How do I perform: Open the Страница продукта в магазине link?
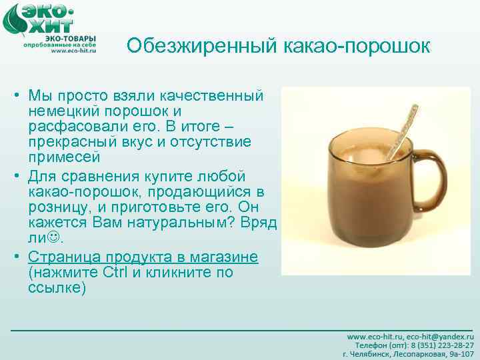[x=143, y=257]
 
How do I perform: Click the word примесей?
[x=64, y=158]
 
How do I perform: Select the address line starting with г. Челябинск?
[x=408, y=354]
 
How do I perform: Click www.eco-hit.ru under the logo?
[x=73, y=51]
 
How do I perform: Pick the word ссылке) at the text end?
[x=57, y=288]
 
